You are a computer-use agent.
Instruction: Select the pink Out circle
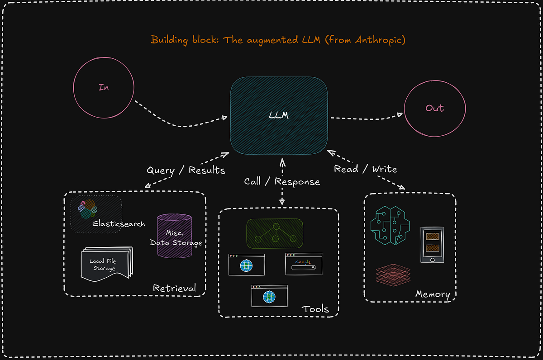(434, 108)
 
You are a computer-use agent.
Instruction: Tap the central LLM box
(279, 115)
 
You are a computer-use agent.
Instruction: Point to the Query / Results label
(186, 171)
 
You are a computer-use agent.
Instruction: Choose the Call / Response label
(282, 182)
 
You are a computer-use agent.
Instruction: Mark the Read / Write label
(366, 169)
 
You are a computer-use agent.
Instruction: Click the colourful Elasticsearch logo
(87, 209)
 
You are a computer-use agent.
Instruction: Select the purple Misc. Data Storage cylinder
(175, 236)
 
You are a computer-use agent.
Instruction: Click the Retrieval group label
(174, 288)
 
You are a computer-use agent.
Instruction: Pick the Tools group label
(315, 309)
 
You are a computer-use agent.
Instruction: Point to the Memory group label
(433, 295)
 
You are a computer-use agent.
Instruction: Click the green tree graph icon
(274, 233)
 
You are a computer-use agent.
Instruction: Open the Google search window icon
(304, 264)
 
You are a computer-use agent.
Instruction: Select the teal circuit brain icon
(390, 225)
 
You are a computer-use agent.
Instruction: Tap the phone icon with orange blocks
(432, 244)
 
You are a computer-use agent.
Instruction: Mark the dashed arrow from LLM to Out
(366, 117)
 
